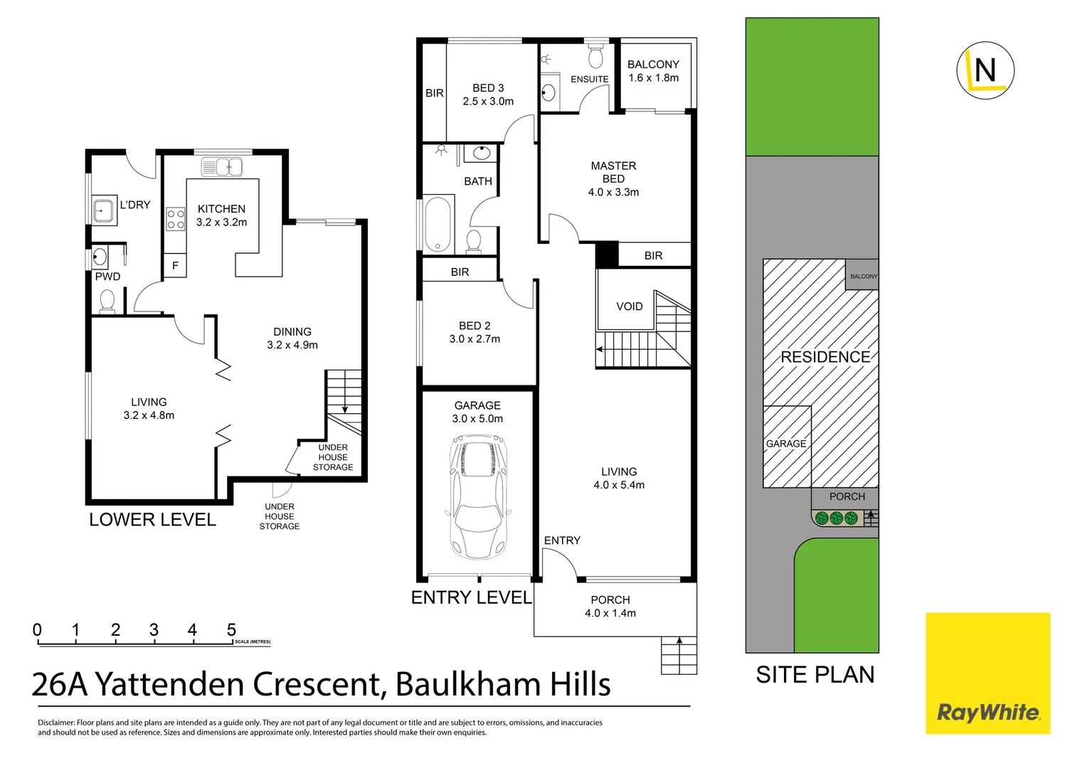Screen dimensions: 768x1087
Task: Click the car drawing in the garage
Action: (477, 498)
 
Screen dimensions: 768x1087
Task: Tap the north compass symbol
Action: (985, 70)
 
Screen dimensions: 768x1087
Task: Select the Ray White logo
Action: (987, 673)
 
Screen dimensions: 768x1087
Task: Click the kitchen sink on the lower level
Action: (222, 167)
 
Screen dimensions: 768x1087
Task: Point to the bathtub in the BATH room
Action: (438, 223)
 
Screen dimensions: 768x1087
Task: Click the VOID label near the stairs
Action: (629, 306)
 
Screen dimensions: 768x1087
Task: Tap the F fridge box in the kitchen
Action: (175, 266)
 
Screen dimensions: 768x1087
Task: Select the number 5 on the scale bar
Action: (231, 630)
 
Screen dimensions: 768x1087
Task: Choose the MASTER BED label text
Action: (613, 172)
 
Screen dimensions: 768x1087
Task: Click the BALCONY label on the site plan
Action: (864, 276)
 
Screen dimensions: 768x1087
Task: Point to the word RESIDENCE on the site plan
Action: (825, 357)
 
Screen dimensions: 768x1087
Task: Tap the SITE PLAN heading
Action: (815, 675)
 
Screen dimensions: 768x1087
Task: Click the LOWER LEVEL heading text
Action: (152, 520)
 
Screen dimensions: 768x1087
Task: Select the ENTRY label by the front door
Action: (562, 540)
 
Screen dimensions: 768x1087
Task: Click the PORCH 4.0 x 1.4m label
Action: (610, 607)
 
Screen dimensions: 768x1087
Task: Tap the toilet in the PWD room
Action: (107, 302)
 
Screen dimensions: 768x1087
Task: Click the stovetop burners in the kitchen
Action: (176, 219)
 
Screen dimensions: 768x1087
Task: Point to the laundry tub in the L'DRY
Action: (104, 211)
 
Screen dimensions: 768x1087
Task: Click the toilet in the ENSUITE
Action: (596, 57)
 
